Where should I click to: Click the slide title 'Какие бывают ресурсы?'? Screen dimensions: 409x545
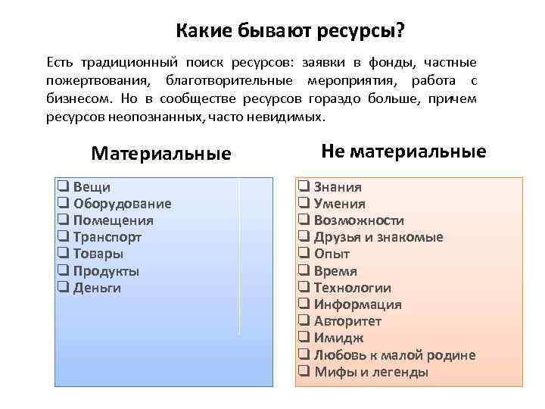pos(290,31)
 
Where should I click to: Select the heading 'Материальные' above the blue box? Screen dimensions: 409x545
pos(160,154)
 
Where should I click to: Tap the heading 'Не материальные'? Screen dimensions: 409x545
pos(403,151)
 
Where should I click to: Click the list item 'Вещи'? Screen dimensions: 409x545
pos(91,187)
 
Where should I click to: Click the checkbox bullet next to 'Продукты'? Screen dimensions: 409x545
pos(63,270)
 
